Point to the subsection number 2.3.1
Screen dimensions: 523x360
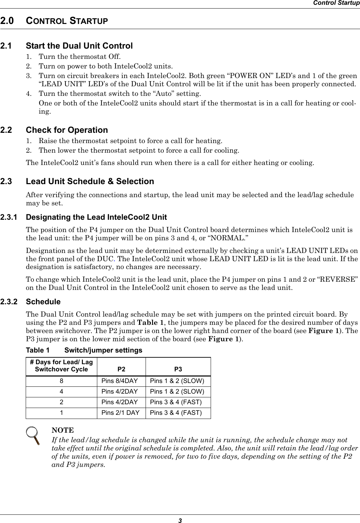pos(9,217)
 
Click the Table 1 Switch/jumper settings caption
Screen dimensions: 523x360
pos(84,350)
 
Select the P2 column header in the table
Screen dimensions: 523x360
pos(121,369)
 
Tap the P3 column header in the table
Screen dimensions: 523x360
pos(178,369)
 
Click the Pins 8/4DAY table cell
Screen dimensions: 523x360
pos(120,381)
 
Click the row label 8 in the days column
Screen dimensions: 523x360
pos(61,381)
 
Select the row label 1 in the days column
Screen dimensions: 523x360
pos(61,412)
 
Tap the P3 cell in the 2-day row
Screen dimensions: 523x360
pos(176,402)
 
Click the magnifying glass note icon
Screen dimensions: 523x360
pos(34,435)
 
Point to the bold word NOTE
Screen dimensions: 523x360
pos(62,430)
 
